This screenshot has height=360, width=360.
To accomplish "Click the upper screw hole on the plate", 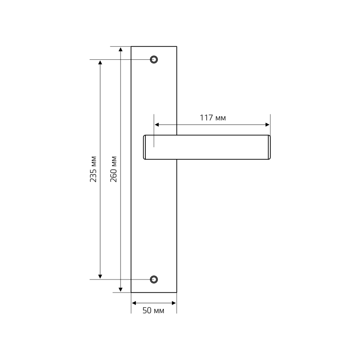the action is tap(154, 59).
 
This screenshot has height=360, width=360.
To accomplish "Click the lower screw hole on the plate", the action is tap(154, 279).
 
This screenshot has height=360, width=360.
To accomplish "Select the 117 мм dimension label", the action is tap(213, 118).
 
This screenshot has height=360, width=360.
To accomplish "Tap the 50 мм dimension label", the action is tap(153, 310).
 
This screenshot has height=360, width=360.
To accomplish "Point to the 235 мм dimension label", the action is tap(93, 169).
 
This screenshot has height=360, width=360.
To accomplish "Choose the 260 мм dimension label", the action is tap(114, 169).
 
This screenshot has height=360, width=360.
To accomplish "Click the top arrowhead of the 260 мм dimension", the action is tap(121, 49).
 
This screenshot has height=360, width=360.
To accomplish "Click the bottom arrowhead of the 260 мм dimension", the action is tap(121, 290).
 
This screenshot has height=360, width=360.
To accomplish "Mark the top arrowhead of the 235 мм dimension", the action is tap(100, 62).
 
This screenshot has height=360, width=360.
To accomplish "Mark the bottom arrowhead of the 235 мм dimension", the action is tap(100, 277).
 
